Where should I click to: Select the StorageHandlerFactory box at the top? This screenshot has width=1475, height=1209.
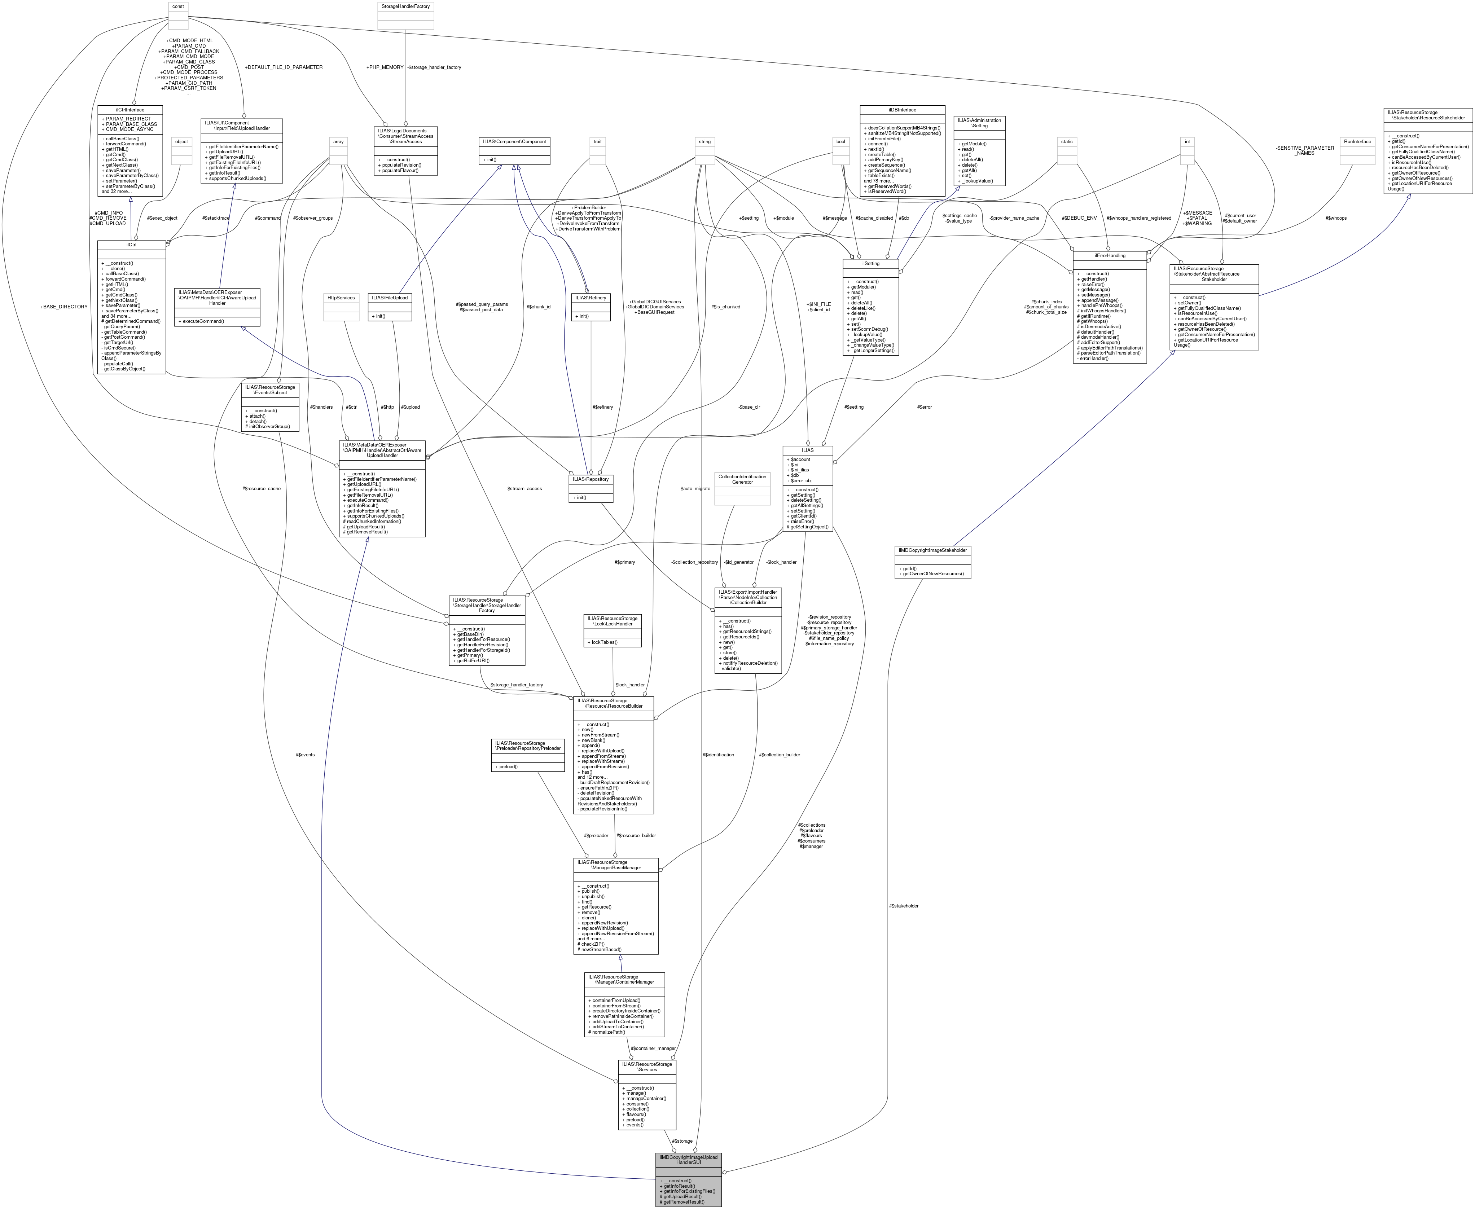(x=405, y=6)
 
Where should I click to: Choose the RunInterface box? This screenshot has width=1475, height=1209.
(x=1357, y=141)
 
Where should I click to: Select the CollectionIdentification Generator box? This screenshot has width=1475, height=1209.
(x=742, y=479)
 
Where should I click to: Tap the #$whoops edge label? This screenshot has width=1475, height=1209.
(x=1336, y=218)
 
